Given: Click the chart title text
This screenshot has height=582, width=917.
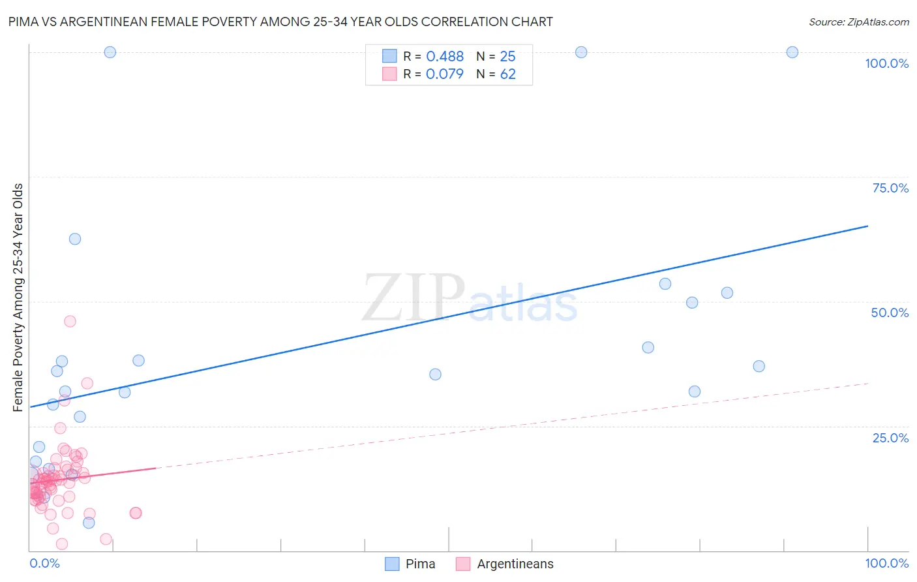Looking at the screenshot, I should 281,22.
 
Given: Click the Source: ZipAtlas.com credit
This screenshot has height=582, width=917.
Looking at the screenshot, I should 858,22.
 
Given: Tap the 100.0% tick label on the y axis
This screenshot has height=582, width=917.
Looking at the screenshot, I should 886,63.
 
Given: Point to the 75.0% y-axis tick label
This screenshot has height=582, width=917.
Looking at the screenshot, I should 890,188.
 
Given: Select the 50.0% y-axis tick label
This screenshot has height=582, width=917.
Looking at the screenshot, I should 890,313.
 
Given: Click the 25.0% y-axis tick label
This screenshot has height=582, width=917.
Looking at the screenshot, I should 890,438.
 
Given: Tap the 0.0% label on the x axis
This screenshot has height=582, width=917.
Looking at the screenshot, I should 44,563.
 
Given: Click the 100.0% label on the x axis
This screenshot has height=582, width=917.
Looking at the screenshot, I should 886,563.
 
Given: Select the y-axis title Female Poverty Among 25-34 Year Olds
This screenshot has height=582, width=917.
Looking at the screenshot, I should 18,298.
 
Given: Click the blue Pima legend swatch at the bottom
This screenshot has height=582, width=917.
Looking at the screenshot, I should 392,564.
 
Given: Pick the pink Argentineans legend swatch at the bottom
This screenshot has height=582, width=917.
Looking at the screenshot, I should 463,564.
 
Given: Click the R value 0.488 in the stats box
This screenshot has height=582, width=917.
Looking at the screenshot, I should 445,57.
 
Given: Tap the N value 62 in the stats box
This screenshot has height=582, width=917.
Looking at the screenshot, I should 507,74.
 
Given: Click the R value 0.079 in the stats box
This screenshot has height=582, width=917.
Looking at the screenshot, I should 445,74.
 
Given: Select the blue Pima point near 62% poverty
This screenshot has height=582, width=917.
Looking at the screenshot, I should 75,239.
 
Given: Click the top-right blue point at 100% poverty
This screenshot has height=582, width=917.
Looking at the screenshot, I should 792,52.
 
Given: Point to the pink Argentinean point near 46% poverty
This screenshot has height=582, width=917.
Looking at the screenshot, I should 70,321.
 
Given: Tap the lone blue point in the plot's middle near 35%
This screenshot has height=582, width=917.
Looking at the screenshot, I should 435,375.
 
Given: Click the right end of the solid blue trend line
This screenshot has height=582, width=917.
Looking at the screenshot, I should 867,226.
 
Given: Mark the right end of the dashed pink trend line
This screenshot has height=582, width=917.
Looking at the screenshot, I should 868,384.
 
